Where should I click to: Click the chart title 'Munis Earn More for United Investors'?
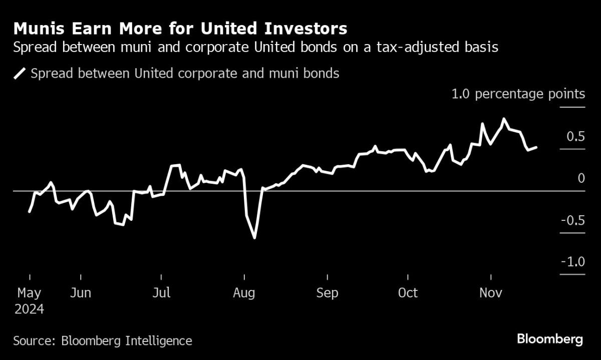[x=180, y=28]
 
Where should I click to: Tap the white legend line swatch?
[x=20, y=74]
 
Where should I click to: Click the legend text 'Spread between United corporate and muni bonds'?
[x=185, y=74]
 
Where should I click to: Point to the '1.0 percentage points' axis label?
[x=518, y=94]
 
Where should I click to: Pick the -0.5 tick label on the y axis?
[x=573, y=220]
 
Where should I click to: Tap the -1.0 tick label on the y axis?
[x=573, y=262]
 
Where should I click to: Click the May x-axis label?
[x=29, y=293]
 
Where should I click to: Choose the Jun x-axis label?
[x=81, y=293]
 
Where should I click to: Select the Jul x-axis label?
[x=161, y=293]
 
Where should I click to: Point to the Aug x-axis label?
[x=244, y=293]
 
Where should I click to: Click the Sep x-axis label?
[x=327, y=293]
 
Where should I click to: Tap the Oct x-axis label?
[x=408, y=293]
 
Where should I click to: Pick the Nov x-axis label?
[x=490, y=293]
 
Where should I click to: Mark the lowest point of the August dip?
[x=255, y=237]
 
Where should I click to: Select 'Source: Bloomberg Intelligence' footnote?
[x=103, y=341]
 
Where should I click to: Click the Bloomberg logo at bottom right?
[x=550, y=339]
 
